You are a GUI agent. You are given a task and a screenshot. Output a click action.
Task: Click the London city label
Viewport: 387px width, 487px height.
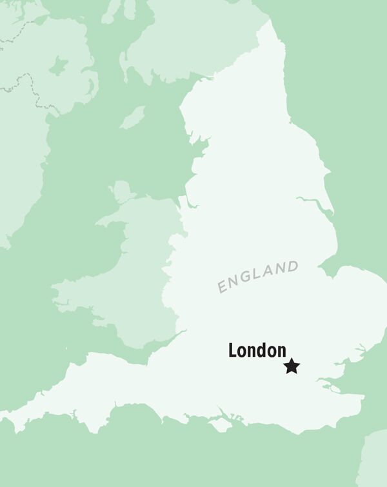tap(257, 351)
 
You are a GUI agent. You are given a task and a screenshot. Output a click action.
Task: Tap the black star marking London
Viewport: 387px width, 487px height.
tap(292, 366)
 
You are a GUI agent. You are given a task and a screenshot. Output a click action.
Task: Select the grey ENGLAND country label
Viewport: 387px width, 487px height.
tap(258, 277)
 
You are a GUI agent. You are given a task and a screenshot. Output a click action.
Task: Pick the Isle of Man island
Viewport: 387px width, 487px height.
tap(134, 118)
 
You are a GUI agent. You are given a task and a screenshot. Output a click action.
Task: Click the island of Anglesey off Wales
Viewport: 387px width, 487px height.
tap(121, 191)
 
